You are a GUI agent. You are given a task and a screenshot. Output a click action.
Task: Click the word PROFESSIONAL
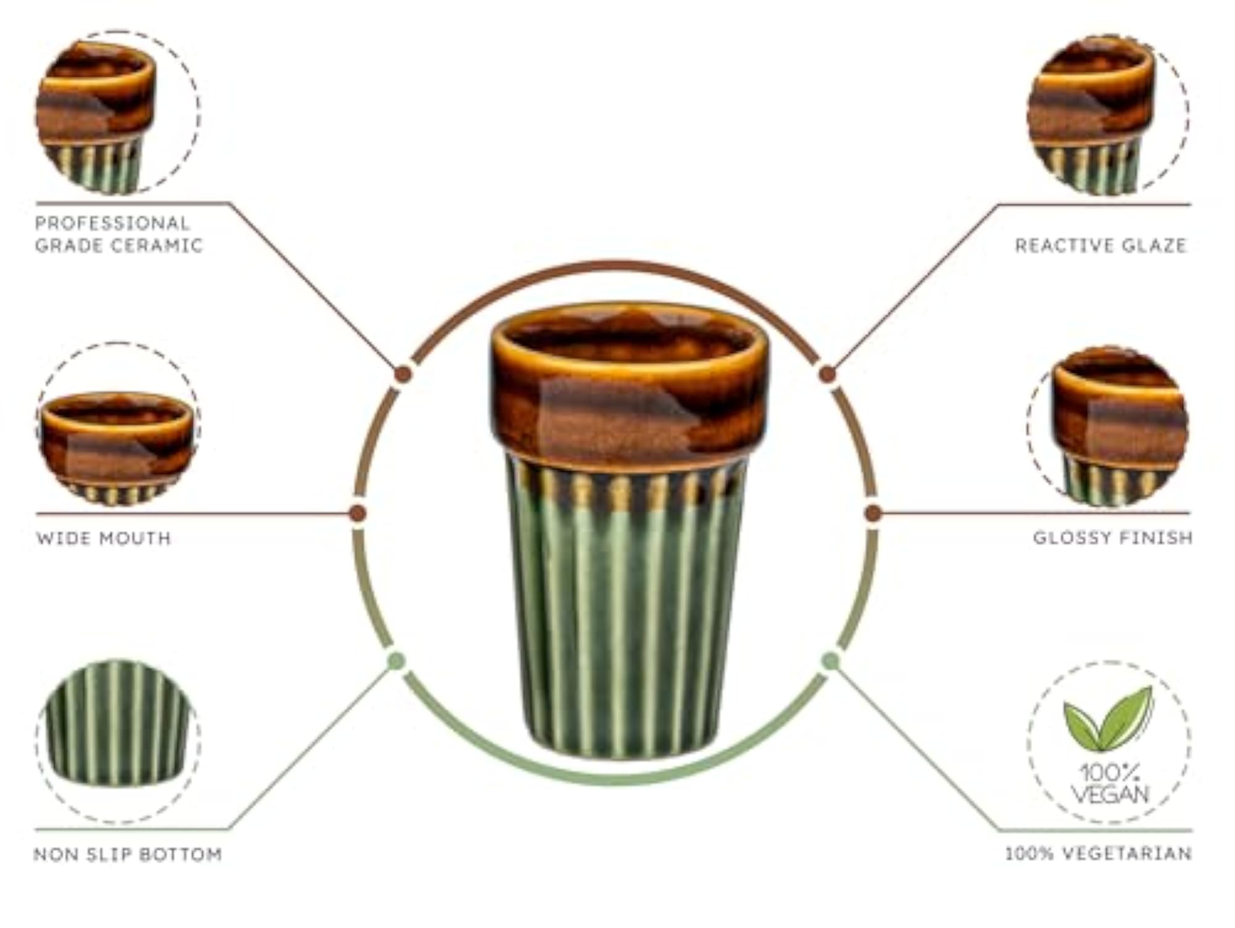(112, 223)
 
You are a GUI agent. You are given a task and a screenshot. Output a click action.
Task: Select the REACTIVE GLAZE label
(1101, 246)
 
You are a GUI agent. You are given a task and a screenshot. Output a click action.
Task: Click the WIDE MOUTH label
(103, 538)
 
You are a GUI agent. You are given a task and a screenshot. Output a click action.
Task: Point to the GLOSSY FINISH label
(1113, 537)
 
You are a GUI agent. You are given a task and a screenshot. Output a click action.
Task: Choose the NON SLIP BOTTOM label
(128, 855)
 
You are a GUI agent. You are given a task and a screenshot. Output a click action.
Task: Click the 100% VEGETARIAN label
(1099, 854)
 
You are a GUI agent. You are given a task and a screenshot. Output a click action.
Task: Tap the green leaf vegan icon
(1108, 719)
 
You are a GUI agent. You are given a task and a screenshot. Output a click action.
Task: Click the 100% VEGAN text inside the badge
(1110, 784)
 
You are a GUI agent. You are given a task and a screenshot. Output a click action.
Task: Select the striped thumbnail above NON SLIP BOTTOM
(117, 723)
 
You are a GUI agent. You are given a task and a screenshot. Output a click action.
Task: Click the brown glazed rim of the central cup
(630, 383)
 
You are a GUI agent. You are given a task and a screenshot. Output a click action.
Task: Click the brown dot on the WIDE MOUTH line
(358, 513)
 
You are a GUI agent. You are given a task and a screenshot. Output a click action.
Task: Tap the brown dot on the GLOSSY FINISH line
(873, 513)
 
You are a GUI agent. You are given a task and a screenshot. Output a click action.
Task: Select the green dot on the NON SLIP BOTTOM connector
(396, 661)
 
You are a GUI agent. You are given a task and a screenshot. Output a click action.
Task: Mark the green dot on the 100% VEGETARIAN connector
(831, 661)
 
